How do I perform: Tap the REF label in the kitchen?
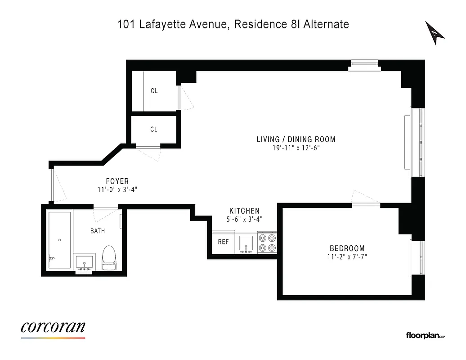223,242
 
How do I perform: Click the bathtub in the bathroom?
59,240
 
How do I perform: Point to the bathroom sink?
84,262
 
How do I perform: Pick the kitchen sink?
246,243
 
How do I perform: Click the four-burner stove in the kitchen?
268,243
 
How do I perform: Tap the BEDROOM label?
347,248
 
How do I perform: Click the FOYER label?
117,181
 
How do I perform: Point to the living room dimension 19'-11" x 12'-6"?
296,148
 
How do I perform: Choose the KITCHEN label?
244,211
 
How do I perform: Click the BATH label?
98,231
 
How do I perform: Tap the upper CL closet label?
154,91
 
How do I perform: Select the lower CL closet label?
154,130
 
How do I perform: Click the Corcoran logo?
53,328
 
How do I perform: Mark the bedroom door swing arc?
365,197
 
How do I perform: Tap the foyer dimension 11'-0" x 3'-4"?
117,190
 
